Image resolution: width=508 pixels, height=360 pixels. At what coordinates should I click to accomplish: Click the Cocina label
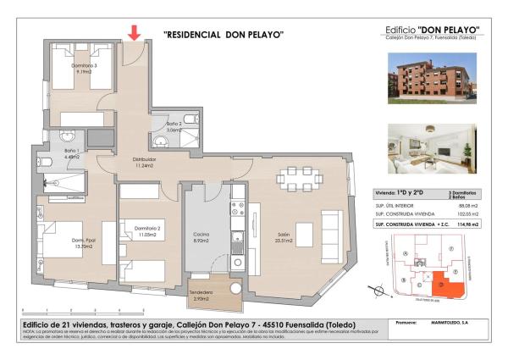[201, 237]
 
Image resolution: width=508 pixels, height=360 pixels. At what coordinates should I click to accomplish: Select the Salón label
[284, 237]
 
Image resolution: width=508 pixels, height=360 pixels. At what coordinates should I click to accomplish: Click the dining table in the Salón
[301, 178]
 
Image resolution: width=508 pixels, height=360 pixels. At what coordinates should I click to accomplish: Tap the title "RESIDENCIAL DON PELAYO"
[223, 35]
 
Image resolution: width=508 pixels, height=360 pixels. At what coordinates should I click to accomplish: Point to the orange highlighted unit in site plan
[448, 286]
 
